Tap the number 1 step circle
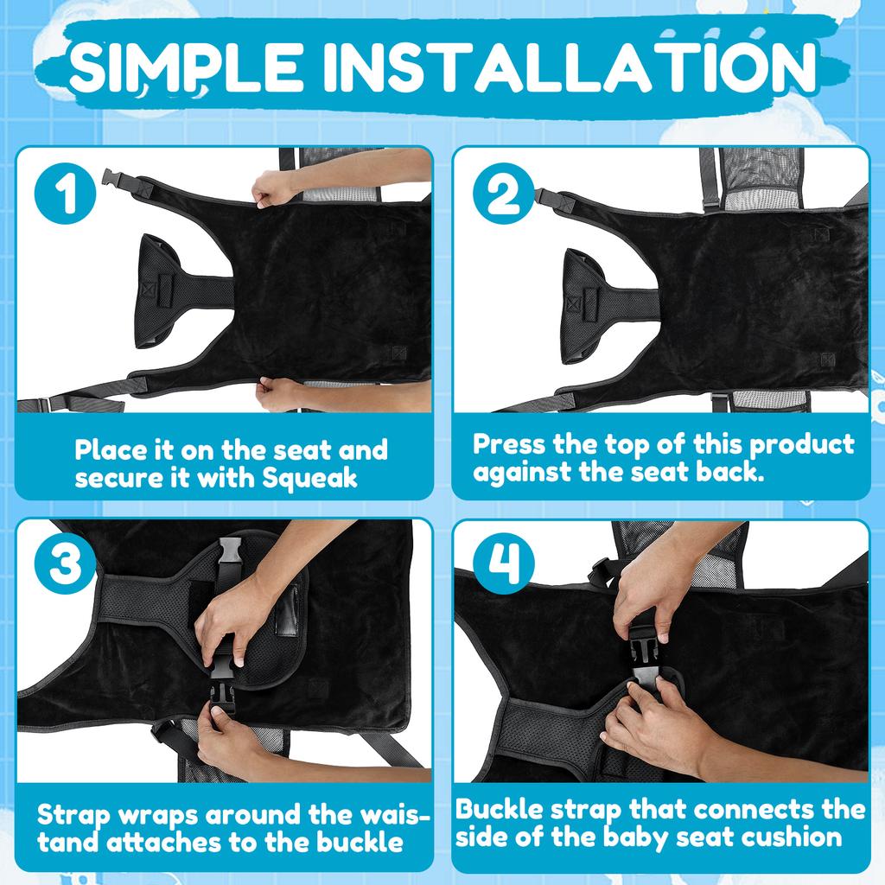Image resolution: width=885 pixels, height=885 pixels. click(x=66, y=194)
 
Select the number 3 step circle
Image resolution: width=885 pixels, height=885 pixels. click(x=66, y=563)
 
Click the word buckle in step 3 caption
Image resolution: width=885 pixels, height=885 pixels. click(x=360, y=842)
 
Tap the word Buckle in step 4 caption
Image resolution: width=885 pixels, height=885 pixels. click(x=499, y=809)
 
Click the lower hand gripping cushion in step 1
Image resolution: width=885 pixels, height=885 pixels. click(x=277, y=394)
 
